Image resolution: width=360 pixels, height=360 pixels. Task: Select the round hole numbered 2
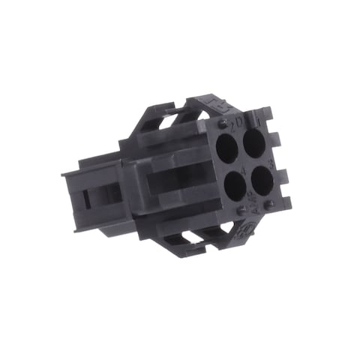click(x=226, y=147)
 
